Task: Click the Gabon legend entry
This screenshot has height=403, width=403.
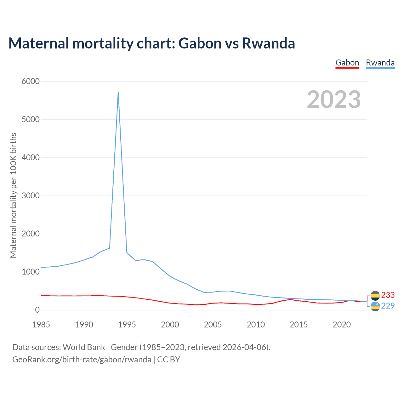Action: (347, 63)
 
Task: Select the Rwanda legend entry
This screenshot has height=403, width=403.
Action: (380, 63)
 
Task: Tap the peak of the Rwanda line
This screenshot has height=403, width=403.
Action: (118, 92)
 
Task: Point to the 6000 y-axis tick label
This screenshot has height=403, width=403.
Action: (31, 81)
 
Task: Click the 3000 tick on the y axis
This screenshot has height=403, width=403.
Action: (31, 196)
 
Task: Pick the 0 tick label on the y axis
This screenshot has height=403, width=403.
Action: (37, 310)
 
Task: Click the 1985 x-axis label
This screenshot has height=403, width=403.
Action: (41, 325)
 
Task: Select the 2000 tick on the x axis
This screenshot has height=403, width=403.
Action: (170, 325)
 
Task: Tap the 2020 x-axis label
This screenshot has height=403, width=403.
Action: (342, 325)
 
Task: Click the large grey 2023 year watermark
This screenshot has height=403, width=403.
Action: (334, 99)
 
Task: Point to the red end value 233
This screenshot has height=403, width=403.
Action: (388, 295)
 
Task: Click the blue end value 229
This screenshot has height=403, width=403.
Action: (388, 306)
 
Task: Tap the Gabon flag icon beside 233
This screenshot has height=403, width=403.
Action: (375, 296)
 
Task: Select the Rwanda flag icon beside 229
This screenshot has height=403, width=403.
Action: (375, 306)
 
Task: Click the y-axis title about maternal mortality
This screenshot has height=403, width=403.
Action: (13, 195)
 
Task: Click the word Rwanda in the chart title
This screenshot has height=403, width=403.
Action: (268, 43)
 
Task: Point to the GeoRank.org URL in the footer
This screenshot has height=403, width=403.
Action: (82, 360)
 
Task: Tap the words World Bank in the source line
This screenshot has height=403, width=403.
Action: (84, 347)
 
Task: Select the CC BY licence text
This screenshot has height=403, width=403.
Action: (168, 360)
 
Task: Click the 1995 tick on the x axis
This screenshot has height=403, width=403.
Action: (127, 325)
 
